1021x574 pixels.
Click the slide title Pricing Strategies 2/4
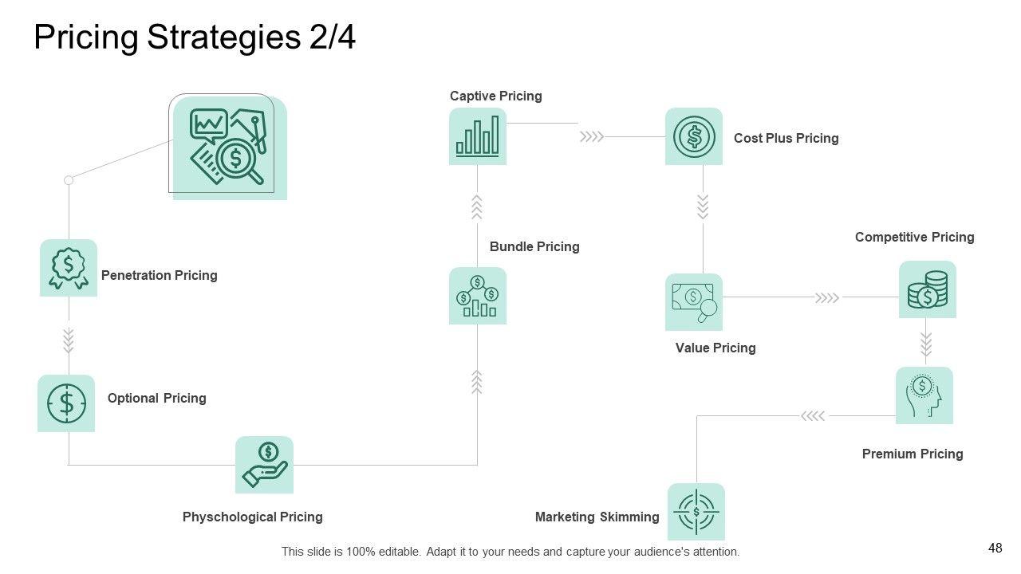[x=195, y=37]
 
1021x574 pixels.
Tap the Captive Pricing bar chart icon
[x=478, y=136]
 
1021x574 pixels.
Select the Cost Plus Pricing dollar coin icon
[x=694, y=136]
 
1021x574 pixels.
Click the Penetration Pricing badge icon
[x=69, y=268]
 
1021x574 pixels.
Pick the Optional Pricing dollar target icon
[x=66, y=403]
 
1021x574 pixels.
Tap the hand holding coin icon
[x=264, y=465]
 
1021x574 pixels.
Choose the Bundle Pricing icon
[x=478, y=296]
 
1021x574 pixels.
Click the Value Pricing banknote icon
[x=694, y=302]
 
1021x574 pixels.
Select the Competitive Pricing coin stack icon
[x=928, y=289]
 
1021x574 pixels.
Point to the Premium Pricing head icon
[x=924, y=395]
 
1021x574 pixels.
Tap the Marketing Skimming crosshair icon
[x=696, y=512]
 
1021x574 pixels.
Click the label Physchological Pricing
[x=253, y=517]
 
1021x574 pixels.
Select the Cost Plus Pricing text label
[x=786, y=138]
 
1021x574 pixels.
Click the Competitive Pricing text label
[x=914, y=237]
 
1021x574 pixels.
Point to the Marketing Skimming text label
[x=597, y=517]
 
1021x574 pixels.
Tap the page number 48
[x=995, y=548]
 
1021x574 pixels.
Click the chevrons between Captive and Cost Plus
[x=592, y=137]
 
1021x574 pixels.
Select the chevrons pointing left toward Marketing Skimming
[x=813, y=415]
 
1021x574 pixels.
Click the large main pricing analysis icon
[x=229, y=147]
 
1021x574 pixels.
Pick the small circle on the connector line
[x=69, y=180]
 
